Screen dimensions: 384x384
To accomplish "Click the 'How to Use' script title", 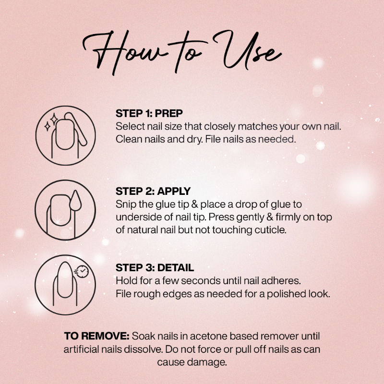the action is pos(182,52).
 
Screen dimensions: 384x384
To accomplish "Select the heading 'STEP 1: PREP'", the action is pos(149,113).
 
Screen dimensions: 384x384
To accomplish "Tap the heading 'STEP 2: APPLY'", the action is pos(153,191).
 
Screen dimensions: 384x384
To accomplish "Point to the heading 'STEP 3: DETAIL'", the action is pos(155,268).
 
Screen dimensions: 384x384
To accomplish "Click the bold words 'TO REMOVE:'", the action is pos(97,336).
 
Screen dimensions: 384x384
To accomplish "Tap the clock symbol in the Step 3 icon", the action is pos(82,271).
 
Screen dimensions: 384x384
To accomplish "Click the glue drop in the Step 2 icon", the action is pos(75,201).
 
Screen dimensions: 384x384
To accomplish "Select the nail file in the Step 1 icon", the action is pos(76,129).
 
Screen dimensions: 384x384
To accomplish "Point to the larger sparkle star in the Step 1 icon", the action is pos(54,119).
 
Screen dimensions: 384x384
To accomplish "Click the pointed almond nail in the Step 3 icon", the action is pos(65,280).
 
